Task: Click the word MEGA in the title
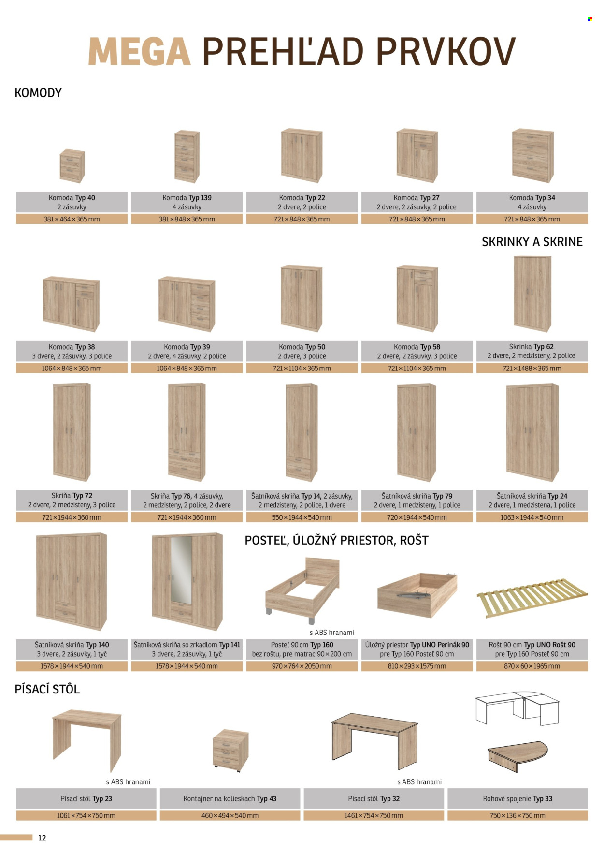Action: pos(140,52)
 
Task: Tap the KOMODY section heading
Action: pos(38,93)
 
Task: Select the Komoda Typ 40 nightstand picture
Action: pos(72,166)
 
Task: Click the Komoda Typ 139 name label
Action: pos(187,198)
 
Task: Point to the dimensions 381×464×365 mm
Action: pos(72,220)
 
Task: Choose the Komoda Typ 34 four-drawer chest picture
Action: pos(532,155)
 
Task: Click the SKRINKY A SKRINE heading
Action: pos(532,242)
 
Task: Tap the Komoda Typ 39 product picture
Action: pos(187,304)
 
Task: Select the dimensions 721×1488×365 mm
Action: pos(532,369)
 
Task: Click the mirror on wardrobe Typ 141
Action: pos(181,570)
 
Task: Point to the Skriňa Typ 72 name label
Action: pos(72,496)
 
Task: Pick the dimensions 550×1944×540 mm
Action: pos(302,517)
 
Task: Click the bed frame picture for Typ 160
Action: pos(302,590)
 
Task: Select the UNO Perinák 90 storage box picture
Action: pos(417,595)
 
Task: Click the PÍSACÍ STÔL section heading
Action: pos(47,689)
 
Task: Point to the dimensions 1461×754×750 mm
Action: pos(374,816)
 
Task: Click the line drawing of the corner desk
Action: pos(517,708)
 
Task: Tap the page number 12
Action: pos(42,838)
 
